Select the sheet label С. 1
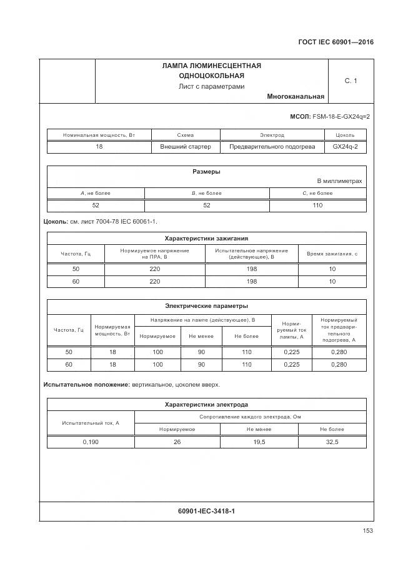pyautogui.click(x=351, y=81)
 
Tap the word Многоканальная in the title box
pyautogui.click(x=295, y=97)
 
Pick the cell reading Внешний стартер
pyautogui.click(x=186, y=147)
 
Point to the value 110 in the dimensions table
pyautogui.click(x=317, y=205)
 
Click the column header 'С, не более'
pyautogui.click(x=317, y=193)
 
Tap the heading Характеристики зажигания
pyautogui.click(x=206, y=238)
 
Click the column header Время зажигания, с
pyautogui.click(x=332, y=254)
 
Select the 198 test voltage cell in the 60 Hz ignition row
pyautogui.click(x=252, y=281)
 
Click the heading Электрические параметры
pyautogui.click(x=206, y=306)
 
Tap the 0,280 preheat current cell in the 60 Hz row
pyautogui.click(x=338, y=364)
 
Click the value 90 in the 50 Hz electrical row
pyautogui.click(x=201, y=352)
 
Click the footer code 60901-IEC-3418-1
pyautogui.click(x=206, y=512)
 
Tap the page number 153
pyautogui.click(x=367, y=531)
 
